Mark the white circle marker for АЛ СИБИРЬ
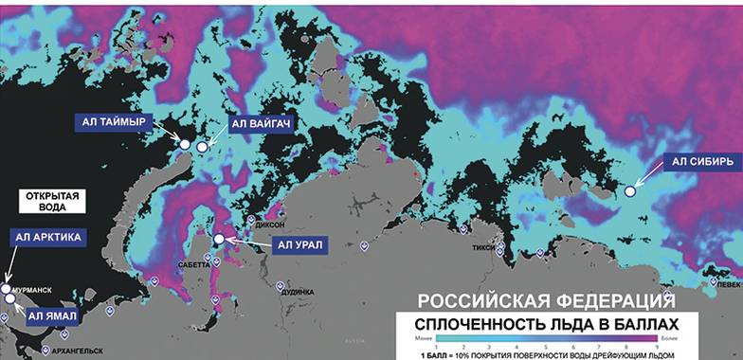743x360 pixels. pyautogui.click(x=630, y=191)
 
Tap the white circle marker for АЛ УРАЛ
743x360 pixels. pyautogui.click(x=220, y=240)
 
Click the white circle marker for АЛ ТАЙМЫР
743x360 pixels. pyautogui.click(x=186, y=144)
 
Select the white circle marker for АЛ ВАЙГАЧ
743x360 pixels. pyautogui.click(x=202, y=146)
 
